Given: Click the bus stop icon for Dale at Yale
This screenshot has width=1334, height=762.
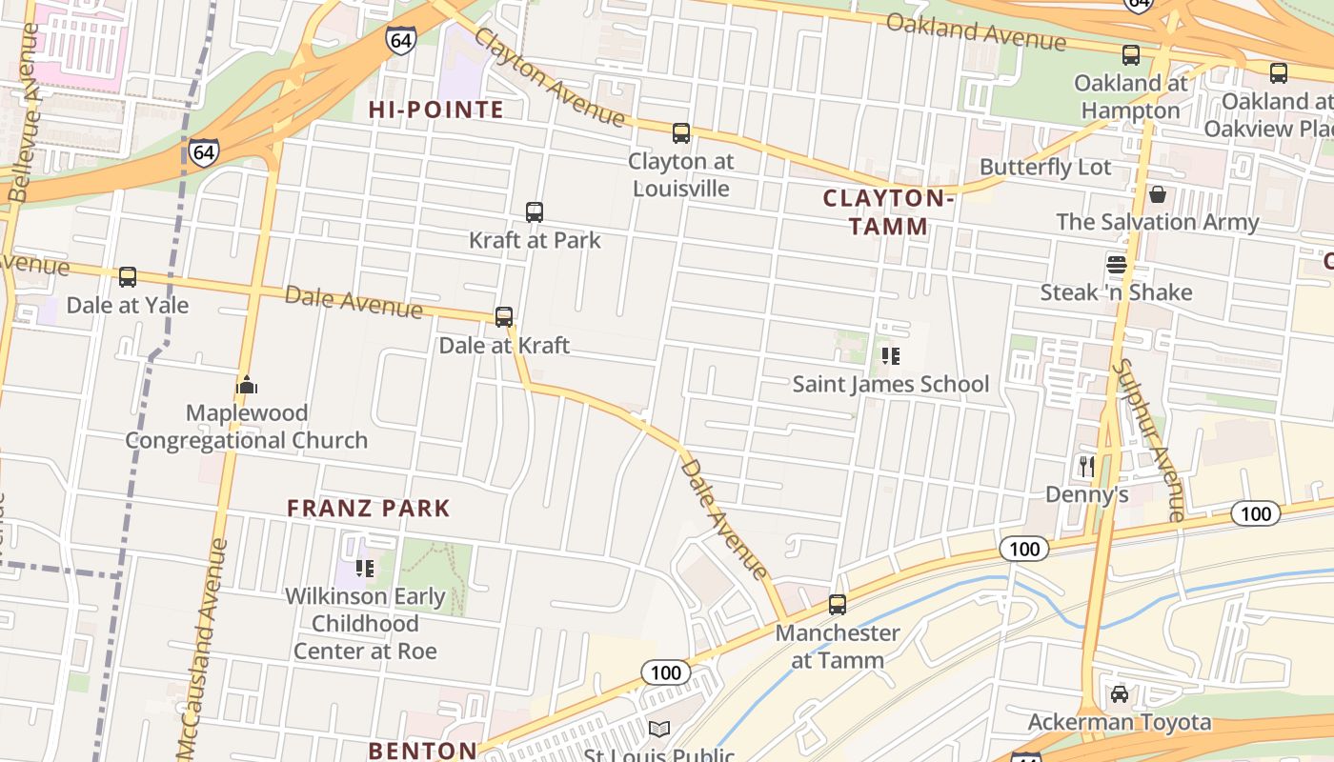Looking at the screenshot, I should pyautogui.click(x=128, y=277).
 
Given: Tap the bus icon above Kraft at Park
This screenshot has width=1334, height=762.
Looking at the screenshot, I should pyautogui.click(x=535, y=212).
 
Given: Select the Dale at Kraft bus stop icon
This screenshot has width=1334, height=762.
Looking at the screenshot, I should pyautogui.click(x=504, y=317).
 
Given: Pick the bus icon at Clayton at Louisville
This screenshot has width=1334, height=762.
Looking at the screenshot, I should pyautogui.click(x=680, y=133).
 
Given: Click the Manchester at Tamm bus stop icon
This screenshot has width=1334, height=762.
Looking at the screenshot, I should pyautogui.click(x=838, y=605).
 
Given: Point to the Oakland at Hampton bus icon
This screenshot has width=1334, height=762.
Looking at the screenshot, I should pyautogui.click(x=1131, y=55).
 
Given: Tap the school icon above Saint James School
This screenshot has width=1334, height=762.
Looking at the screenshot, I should pyautogui.click(x=891, y=356).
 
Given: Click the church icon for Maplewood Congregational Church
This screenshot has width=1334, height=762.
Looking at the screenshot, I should pyautogui.click(x=247, y=386).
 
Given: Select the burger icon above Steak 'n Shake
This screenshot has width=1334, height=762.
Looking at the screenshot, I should pyautogui.click(x=1117, y=264).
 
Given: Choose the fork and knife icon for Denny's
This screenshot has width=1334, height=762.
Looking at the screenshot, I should pyautogui.click(x=1086, y=466).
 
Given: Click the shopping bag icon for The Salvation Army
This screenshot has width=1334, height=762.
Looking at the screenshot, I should pyautogui.click(x=1158, y=194).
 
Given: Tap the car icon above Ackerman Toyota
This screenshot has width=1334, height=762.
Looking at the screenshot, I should pyautogui.click(x=1120, y=693).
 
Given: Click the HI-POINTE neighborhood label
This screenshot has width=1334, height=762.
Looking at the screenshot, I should pyautogui.click(x=436, y=110).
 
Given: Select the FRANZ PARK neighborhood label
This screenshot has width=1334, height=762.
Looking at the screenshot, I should pyautogui.click(x=369, y=508).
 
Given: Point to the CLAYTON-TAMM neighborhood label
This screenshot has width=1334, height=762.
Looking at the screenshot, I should pyautogui.click(x=888, y=211).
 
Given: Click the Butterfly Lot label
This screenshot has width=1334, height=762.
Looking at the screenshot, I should pyautogui.click(x=1045, y=167).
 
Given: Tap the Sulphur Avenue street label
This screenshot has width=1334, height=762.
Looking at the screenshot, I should pyautogui.click(x=1149, y=438).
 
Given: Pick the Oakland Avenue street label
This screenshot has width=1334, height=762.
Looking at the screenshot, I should pyautogui.click(x=976, y=32).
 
